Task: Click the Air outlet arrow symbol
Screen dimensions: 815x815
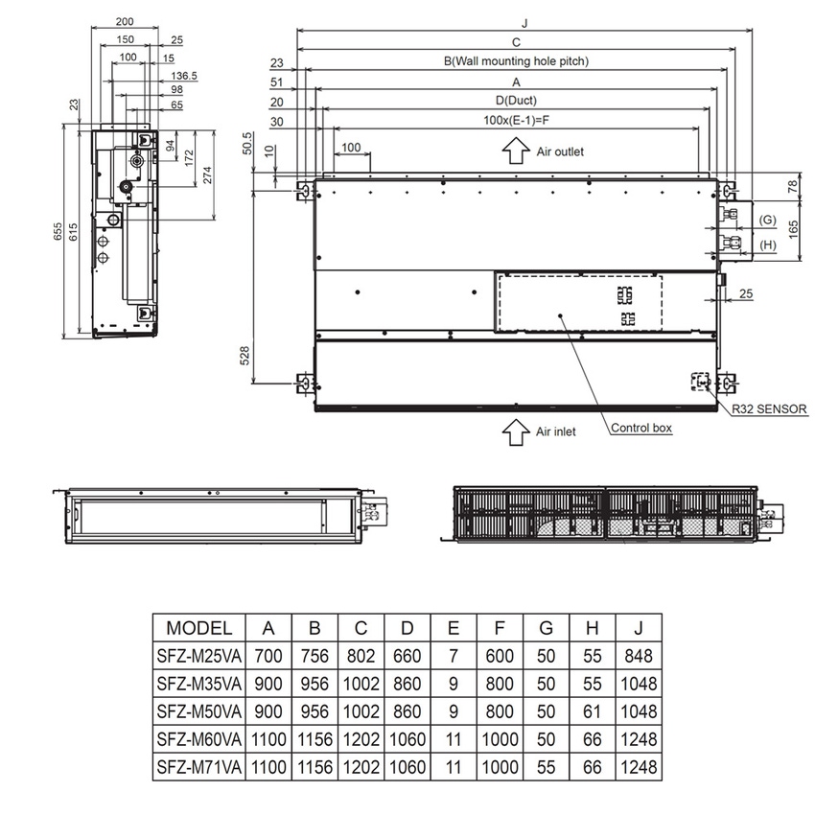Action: [516, 151]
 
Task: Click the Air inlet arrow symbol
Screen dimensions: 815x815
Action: [516, 431]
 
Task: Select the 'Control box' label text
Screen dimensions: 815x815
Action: [641, 429]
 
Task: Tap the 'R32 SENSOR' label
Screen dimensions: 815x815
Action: [768, 408]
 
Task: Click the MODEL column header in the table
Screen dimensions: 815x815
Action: [199, 628]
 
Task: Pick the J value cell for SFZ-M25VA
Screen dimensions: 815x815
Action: [638, 656]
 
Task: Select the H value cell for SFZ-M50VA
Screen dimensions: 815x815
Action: [592, 711]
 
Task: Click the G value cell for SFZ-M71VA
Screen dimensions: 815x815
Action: [546, 767]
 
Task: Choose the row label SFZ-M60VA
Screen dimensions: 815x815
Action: [199, 739]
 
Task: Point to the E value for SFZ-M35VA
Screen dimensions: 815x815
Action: [454, 684]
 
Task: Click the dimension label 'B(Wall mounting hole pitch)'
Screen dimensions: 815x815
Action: [516, 60]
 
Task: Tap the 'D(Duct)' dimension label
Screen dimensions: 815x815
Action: [516, 100]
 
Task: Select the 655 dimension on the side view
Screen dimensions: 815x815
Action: [58, 232]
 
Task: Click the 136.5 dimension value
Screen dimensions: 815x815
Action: [184, 75]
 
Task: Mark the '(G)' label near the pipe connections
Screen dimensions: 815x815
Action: [767, 221]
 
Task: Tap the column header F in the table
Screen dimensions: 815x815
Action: [500, 628]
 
